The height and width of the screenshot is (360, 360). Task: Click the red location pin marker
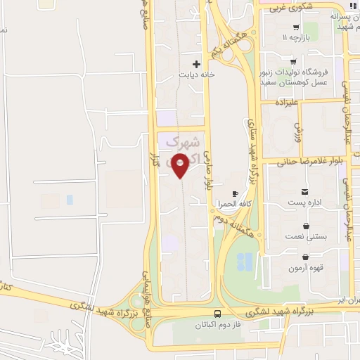coord(181,165)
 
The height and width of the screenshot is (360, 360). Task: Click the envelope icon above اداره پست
coord(304,193)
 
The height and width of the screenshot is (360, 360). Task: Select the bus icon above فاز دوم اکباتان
coord(218,314)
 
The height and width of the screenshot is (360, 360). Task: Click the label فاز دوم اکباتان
coord(218,325)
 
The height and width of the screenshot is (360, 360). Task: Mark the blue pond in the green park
coord(245,262)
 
